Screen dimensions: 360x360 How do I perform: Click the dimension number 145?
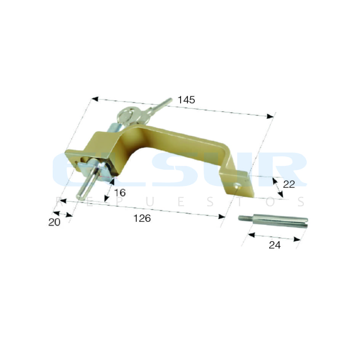point(186,100)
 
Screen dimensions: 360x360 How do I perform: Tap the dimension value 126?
point(142,218)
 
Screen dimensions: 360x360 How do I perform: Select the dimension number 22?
point(289,184)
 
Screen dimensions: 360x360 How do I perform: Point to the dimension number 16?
point(120,193)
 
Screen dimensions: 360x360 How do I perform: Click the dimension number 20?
point(54,222)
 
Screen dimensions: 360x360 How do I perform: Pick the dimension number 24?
point(275,245)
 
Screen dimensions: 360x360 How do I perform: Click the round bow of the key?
point(126,115)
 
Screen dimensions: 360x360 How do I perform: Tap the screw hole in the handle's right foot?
point(237,186)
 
